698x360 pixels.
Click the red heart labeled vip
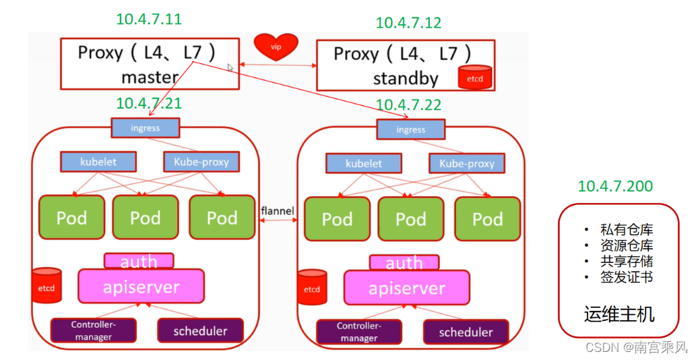point(276,46)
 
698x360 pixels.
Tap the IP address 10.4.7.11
point(149,19)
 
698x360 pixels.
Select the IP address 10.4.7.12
point(408,23)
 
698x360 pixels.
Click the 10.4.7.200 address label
point(615,186)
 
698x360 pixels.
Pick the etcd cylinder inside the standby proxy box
point(474,77)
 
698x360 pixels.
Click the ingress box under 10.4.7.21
point(145,128)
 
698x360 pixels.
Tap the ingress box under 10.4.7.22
point(410,129)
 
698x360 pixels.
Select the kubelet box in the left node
point(98,162)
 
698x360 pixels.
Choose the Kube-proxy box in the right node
point(466,164)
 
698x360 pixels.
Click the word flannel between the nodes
point(278,210)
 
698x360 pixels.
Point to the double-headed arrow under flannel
point(278,220)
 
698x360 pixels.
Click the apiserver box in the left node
point(141,287)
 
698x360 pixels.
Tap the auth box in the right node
point(404,262)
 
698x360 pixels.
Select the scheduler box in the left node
point(200,330)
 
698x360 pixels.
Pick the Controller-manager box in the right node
point(359,332)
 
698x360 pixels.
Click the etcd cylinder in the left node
point(46,286)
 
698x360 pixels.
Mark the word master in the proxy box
point(150,77)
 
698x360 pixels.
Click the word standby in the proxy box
point(406,79)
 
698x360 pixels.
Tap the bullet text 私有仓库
point(627,229)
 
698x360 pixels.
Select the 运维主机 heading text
point(619,314)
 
